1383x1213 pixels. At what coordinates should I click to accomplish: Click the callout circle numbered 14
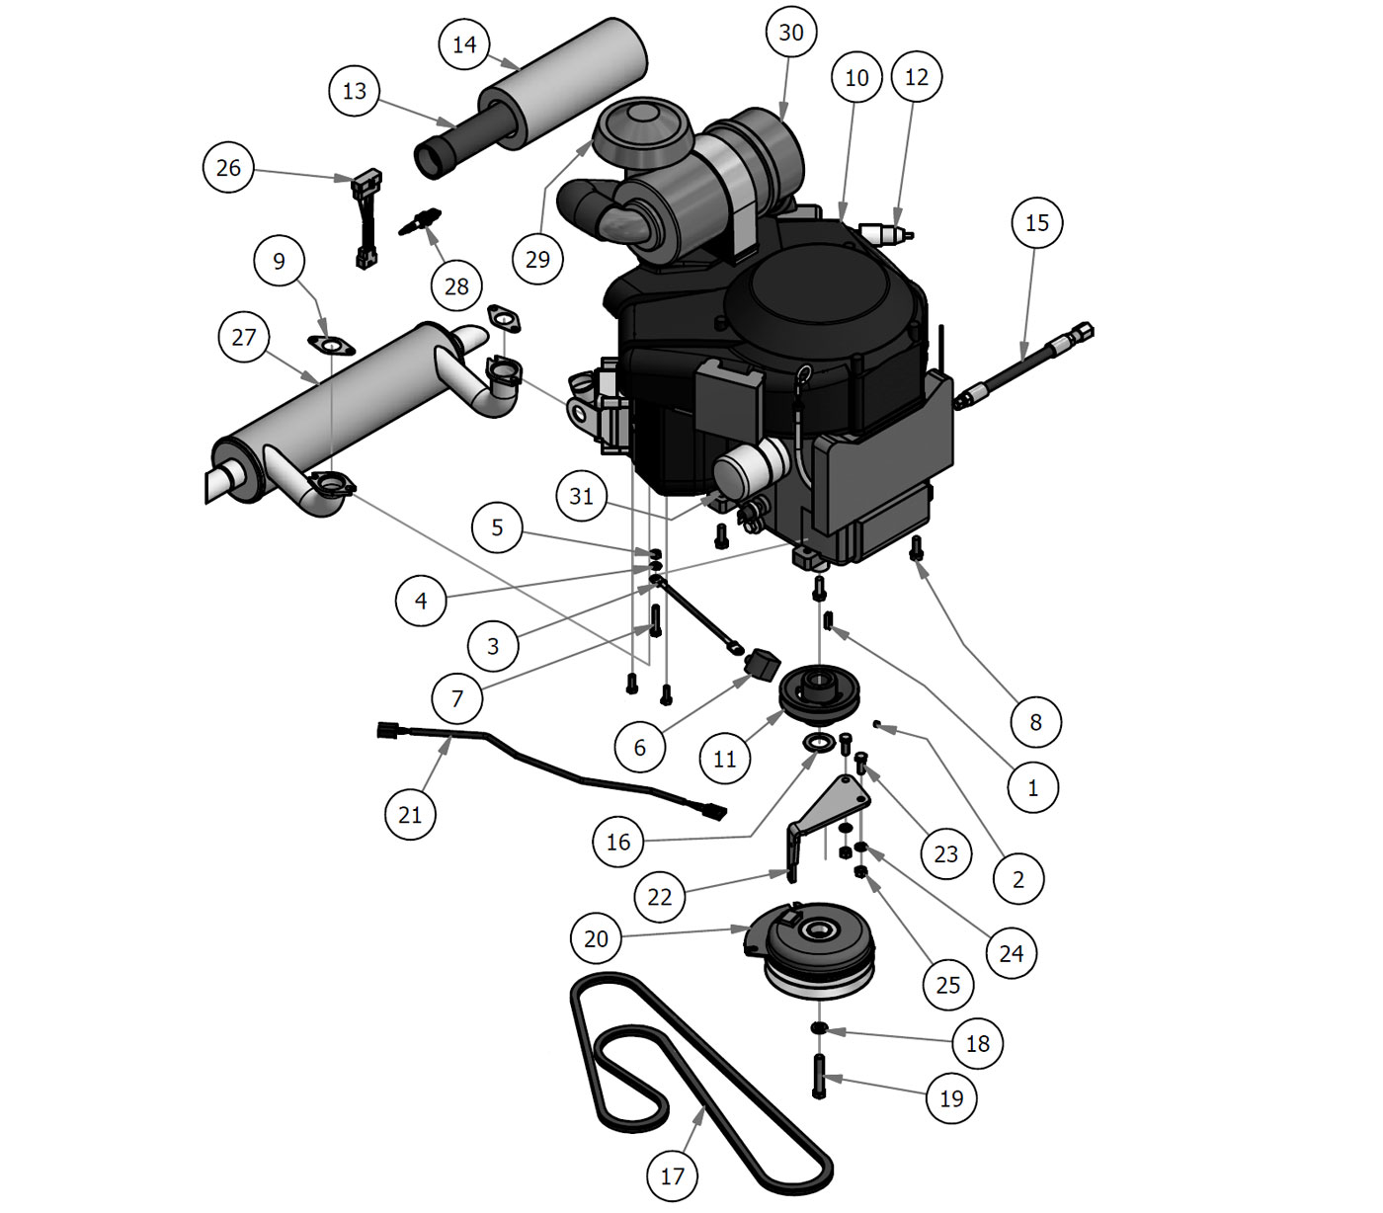coord(464,44)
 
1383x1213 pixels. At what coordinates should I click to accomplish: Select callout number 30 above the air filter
coord(791,33)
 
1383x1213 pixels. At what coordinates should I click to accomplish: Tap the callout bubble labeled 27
coord(244,338)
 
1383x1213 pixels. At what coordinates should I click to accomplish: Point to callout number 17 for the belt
coord(672,1176)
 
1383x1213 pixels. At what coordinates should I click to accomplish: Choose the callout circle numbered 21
coord(410,815)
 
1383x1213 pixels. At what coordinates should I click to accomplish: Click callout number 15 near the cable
coord(1037,223)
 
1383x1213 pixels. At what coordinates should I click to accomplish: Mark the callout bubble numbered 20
coord(597,938)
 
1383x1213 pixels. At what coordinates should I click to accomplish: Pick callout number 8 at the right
coord(1035,722)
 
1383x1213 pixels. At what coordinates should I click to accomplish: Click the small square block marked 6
coord(762,666)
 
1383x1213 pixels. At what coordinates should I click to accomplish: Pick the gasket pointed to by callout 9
coord(332,345)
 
